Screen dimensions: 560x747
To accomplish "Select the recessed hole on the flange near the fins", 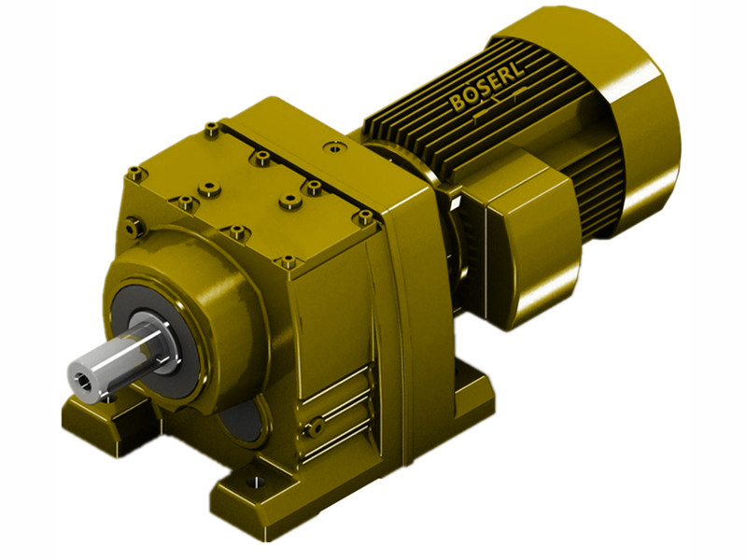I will pyautogui.click(x=332, y=147).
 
